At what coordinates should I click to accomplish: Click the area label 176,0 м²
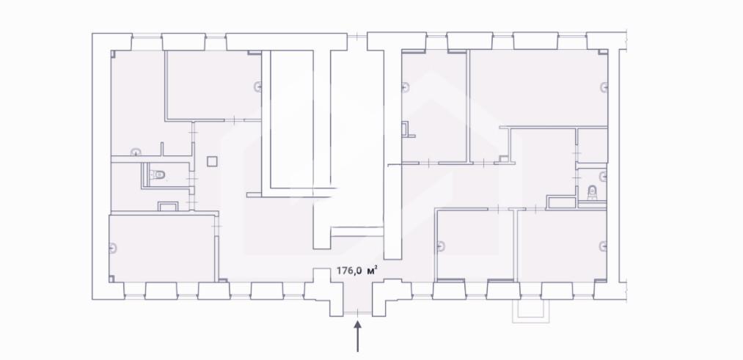[356, 271]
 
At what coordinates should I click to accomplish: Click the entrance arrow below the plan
[357, 337]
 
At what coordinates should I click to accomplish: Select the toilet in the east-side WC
[591, 193]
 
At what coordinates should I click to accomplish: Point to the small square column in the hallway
[212, 161]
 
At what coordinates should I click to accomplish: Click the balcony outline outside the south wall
[530, 312]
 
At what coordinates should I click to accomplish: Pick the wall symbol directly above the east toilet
[603, 177]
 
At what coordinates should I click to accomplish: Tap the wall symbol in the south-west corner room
[113, 247]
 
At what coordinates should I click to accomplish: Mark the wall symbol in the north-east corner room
[604, 87]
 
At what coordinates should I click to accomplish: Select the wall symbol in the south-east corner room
[603, 246]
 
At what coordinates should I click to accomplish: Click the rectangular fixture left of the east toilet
[562, 202]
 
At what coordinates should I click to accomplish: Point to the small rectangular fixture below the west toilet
[167, 206]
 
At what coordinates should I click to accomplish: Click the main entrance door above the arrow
[357, 312]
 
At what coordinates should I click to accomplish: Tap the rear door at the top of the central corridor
[357, 37]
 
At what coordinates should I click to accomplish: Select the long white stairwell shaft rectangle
[291, 119]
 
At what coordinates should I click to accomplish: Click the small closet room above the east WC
[593, 145]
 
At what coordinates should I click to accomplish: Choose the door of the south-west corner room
[217, 227]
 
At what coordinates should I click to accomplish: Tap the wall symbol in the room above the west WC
[136, 153]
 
